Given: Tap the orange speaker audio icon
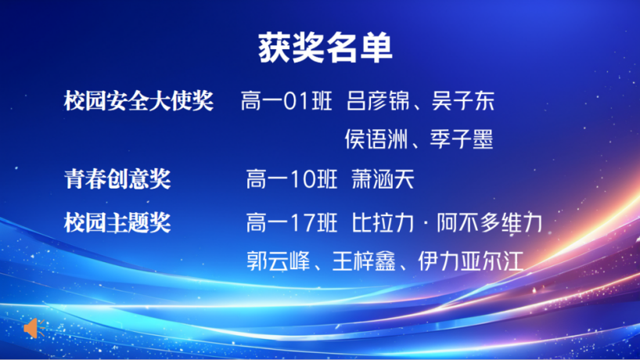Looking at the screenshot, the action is click(x=34, y=328).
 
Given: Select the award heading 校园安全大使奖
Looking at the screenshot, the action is click(x=138, y=100).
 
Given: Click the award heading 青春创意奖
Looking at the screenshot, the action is click(x=117, y=178).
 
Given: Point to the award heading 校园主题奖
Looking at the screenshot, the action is click(x=117, y=222).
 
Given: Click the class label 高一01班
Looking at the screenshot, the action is click(x=286, y=101).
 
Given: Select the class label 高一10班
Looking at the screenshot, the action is click(x=292, y=179).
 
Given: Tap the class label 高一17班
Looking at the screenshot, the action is click(x=292, y=223).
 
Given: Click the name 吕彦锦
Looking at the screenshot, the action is click(x=378, y=101).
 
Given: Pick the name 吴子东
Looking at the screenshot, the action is click(x=463, y=101).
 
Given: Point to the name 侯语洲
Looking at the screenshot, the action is click(x=376, y=139).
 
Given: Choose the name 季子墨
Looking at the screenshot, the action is click(x=462, y=139).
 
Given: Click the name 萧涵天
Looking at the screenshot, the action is click(x=383, y=179).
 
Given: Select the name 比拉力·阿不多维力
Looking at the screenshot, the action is click(x=447, y=223).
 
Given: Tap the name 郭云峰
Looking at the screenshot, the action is click(x=279, y=261).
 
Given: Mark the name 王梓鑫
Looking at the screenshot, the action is click(x=364, y=261).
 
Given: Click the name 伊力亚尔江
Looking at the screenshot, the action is click(x=471, y=261).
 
